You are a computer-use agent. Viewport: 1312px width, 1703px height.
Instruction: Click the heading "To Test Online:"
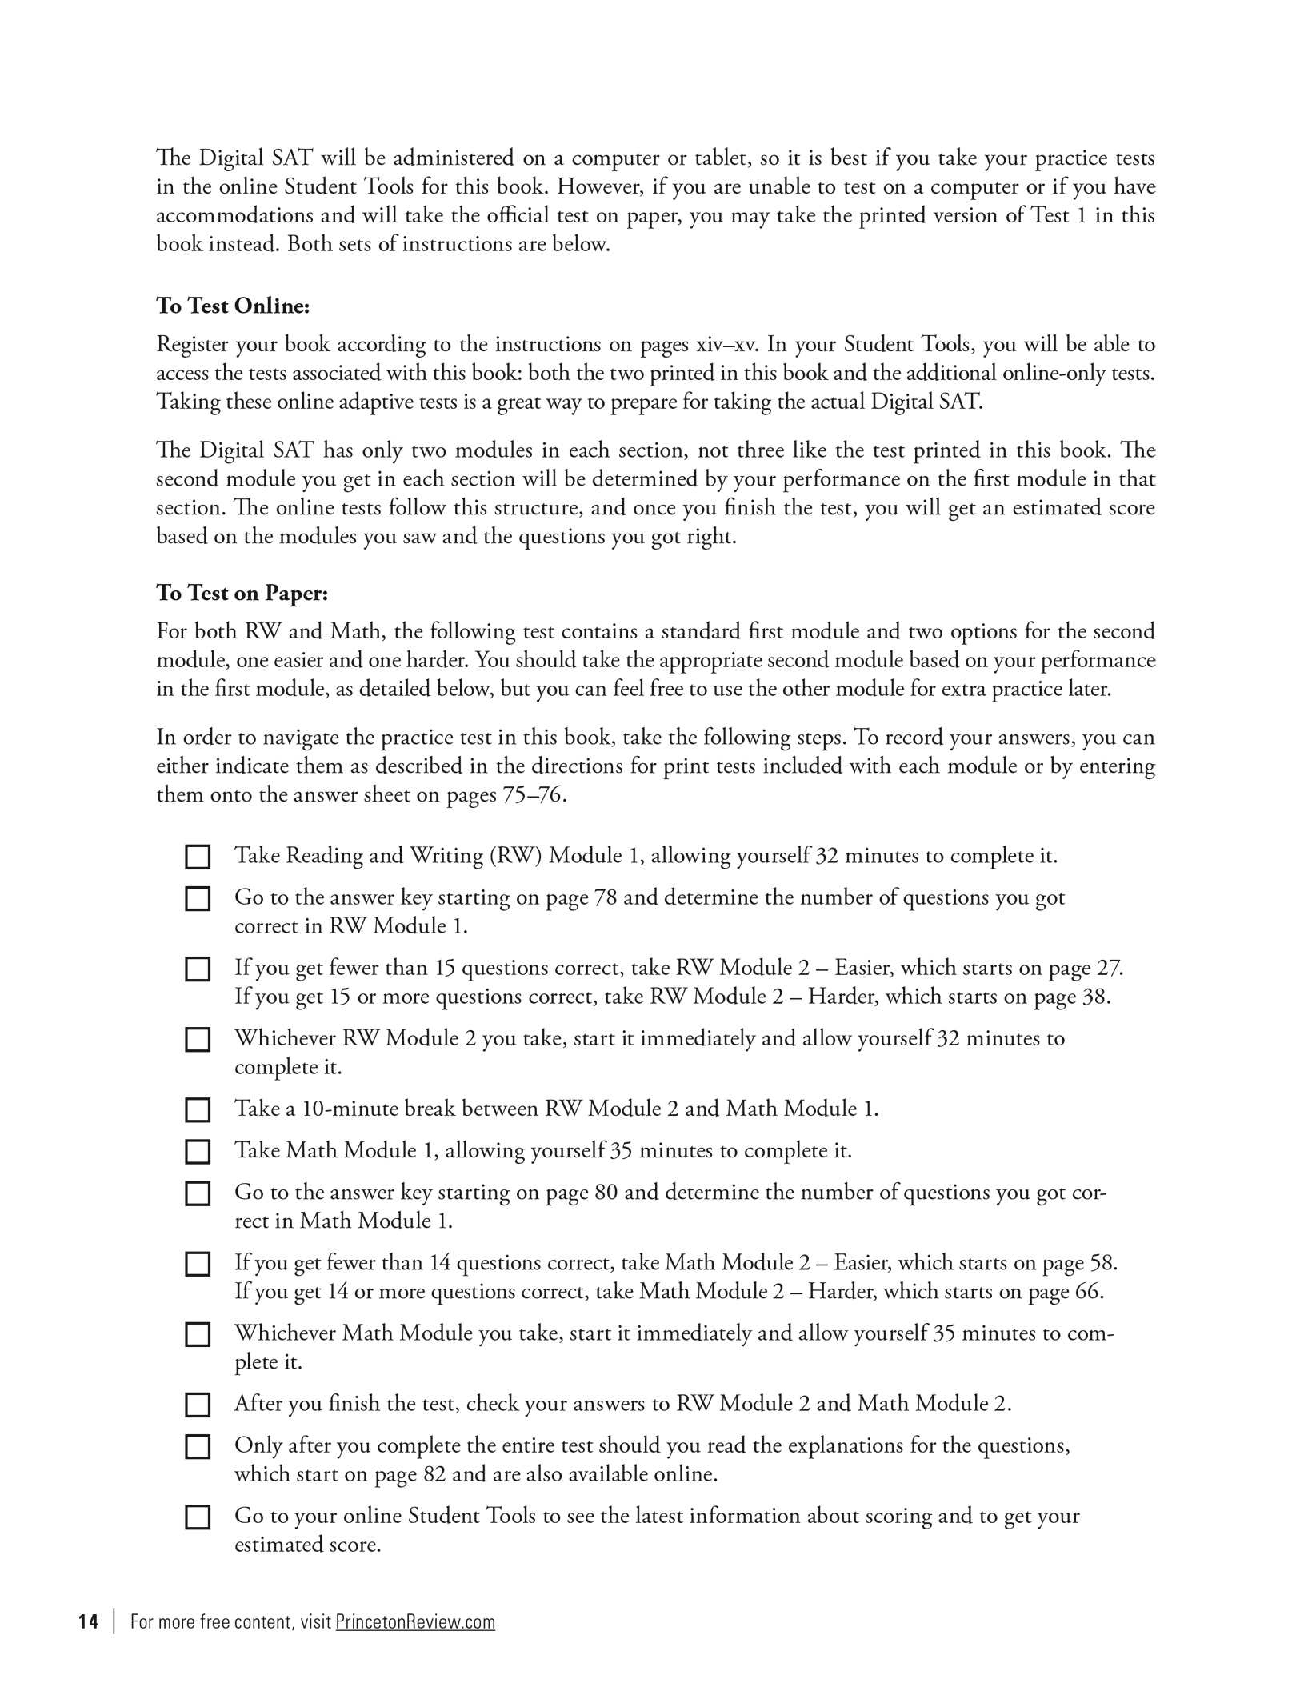[233, 306]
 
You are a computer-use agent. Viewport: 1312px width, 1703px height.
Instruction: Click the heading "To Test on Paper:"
[242, 593]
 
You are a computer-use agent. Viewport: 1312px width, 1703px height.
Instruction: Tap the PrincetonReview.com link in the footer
[415, 1621]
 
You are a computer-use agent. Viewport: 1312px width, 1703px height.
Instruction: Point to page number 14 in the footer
[88, 1621]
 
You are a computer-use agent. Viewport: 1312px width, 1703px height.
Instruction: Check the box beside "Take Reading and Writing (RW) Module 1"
[198, 857]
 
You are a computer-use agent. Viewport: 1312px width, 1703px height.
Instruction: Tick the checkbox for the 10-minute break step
[198, 1109]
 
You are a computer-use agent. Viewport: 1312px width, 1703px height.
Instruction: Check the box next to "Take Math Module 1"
[198, 1151]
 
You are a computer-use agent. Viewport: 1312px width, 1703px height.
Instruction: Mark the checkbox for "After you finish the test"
[198, 1404]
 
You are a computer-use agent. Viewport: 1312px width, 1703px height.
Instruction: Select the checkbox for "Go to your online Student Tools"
[198, 1517]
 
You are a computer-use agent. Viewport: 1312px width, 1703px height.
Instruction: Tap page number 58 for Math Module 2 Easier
[1102, 1263]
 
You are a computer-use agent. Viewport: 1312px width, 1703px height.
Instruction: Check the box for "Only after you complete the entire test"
[198, 1446]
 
